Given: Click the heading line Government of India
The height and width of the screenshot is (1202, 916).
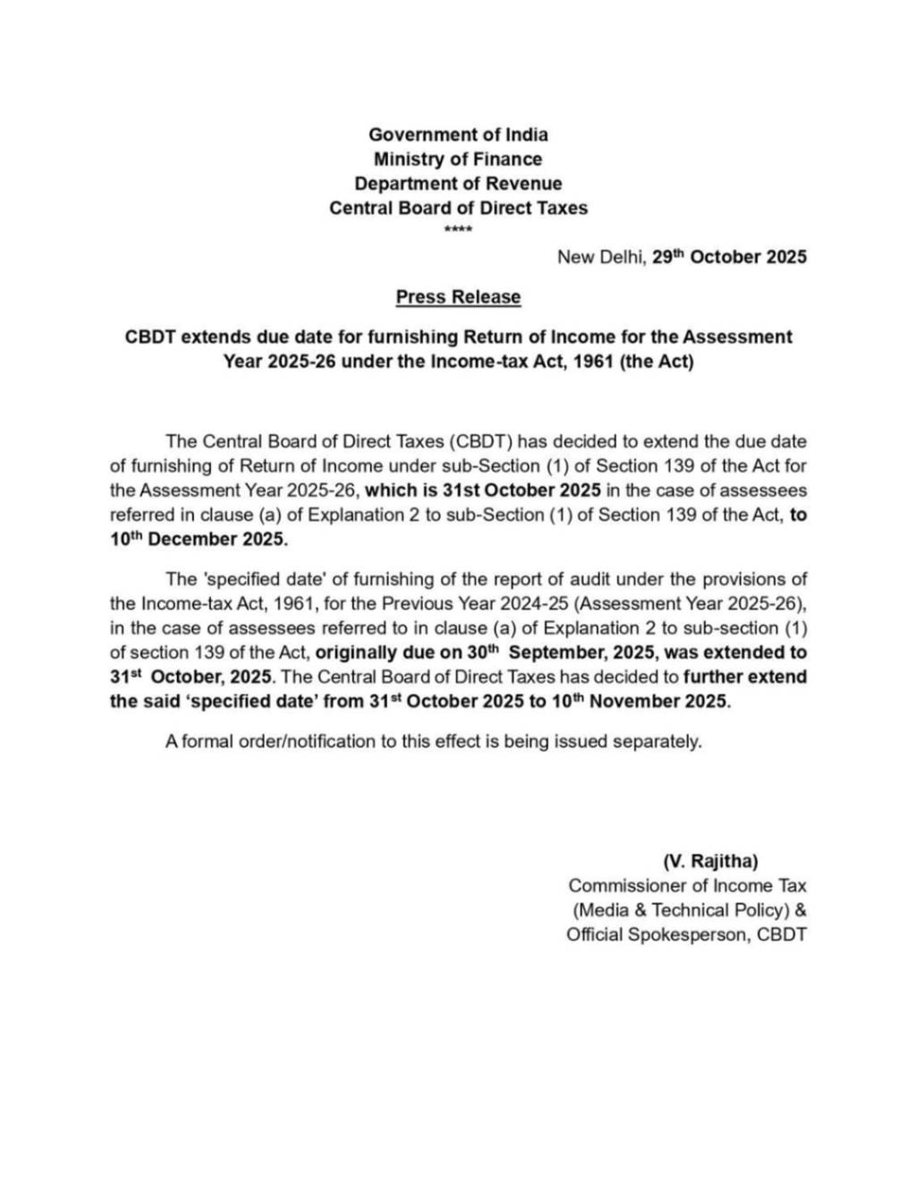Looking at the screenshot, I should click(458, 135).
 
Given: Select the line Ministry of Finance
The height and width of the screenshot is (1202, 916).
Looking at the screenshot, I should click(458, 159).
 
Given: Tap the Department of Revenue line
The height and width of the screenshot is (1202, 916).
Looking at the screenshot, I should click(458, 183).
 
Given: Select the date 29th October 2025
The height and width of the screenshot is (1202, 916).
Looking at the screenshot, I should click(729, 258).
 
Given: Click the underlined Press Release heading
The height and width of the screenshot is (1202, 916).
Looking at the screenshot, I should click(458, 297).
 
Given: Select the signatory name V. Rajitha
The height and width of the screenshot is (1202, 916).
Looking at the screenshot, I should click(710, 862).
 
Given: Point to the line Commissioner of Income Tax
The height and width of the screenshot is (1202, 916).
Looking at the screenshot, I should click(687, 886).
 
